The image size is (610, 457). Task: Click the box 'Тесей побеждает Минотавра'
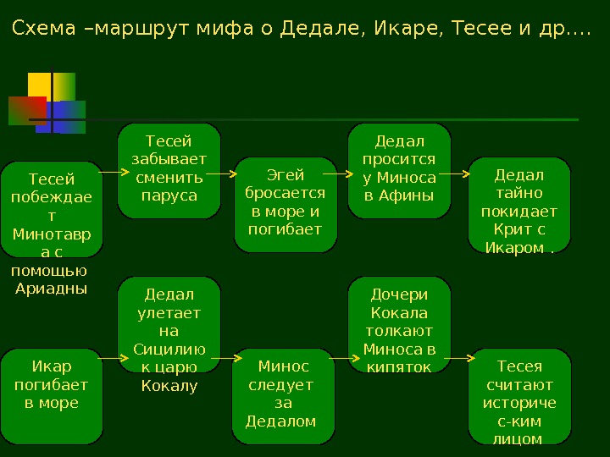coord(52,209)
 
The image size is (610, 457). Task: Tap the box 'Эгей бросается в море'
coord(286,204)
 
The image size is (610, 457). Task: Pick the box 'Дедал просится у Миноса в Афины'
coord(400,170)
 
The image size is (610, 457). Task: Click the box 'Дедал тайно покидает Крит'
coord(519,204)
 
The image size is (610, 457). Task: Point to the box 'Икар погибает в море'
coord(52,395)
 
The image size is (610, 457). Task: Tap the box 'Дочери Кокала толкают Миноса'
coord(400,325)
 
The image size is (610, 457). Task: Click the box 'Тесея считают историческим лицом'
coord(519,395)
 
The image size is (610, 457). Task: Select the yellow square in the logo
coord(39,85)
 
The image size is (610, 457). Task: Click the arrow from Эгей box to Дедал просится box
coord(336,172)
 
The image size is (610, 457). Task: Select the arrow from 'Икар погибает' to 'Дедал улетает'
coord(113,359)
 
